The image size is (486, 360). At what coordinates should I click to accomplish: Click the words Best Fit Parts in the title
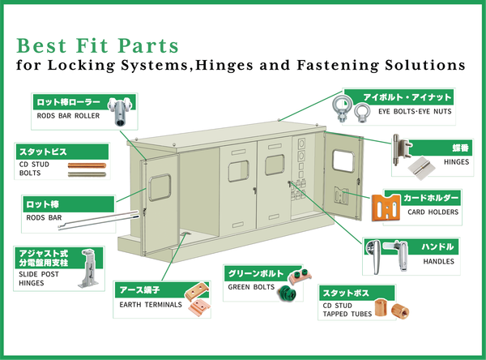(97, 43)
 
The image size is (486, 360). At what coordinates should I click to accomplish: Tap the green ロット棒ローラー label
(68, 103)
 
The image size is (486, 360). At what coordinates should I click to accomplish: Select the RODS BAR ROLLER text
(67, 116)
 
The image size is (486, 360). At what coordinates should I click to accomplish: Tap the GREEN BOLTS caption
(250, 287)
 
